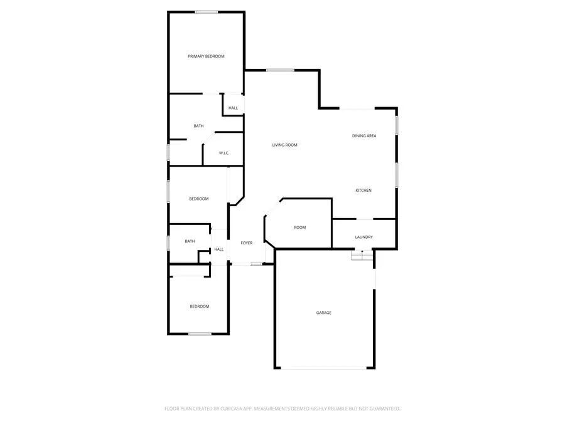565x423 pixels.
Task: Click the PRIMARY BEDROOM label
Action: pos(206,56)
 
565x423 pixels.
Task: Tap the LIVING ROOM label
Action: pos(284,145)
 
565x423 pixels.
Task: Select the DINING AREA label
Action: pos(364,135)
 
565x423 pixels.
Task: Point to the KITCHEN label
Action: pos(363,190)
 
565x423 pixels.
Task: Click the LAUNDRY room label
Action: pos(363,237)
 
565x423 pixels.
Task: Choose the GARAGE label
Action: pos(323,312)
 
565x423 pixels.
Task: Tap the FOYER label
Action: pos(247,243)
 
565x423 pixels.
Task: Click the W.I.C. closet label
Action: pos(223,153)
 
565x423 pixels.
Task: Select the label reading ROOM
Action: pos(300,227)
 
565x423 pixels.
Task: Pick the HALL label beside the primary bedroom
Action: pos(233,108)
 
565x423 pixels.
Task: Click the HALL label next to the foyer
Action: pos(218,249)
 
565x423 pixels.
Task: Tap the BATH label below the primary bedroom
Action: pos(198,126)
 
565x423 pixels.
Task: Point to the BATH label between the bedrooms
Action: pos(190,241)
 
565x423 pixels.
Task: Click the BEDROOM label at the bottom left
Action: pos(200,306)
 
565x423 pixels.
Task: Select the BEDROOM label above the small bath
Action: pos(198,199)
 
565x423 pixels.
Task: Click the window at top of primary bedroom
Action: pos(206,12)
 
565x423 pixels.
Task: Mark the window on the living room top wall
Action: pos(280,70)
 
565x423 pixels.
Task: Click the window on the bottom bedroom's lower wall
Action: pos(200,333)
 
